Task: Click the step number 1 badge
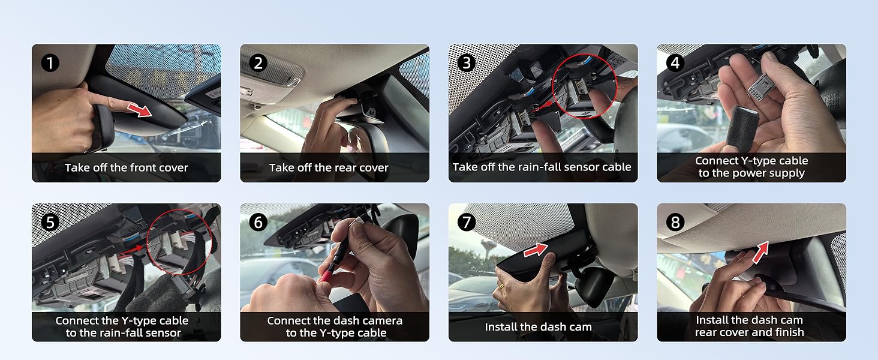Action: (x=50, y=63)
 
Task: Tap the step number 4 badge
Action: (x=675, y=63)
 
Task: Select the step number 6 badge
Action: (x=258, y=223)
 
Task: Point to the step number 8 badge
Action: (x=675, y=223)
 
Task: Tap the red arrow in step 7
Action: (x=536, y=250)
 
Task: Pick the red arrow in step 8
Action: (x=760, y=252)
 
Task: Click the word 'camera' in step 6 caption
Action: (x=383, y=321)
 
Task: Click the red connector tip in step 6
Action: (x=327, y=274)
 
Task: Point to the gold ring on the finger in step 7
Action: (x=502, y=287)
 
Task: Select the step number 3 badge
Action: (x=467, y=63)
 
